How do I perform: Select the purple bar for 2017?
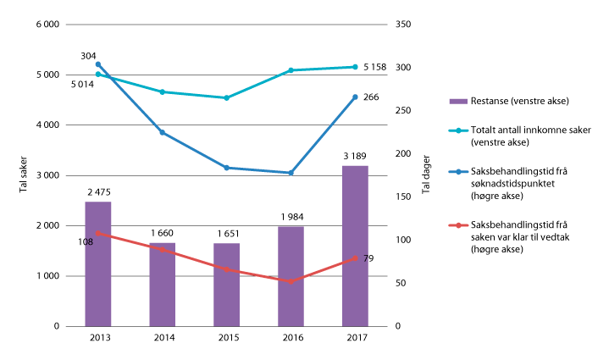pos(355,246)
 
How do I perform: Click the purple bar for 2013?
pos(97,263)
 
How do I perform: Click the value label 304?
pos(88,55)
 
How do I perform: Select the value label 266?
pos(369,97)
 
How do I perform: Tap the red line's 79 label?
pos(368,258)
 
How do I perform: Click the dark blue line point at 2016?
pos(291,173)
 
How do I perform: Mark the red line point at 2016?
pos(291,281)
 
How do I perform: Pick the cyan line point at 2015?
pos(226,97)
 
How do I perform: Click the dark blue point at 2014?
pos(162,132)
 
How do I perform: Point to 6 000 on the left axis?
pos(47,25)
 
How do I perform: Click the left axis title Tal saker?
pos(23,175)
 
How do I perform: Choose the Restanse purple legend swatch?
pos(457,102)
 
